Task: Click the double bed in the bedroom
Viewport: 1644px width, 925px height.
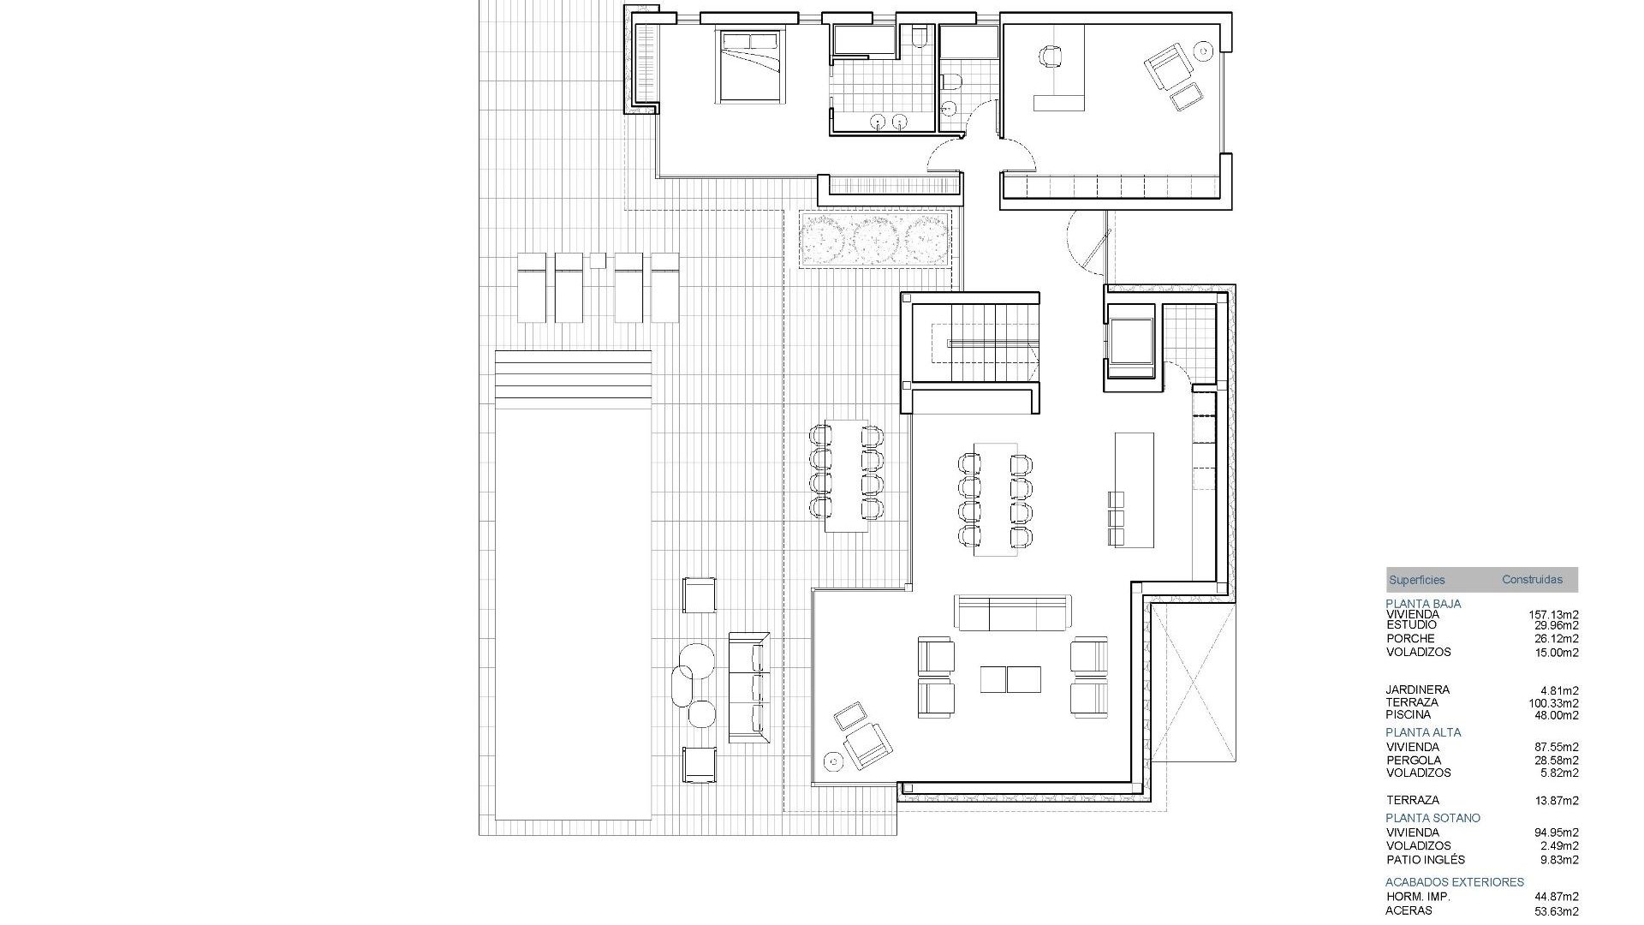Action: (x=751, y=67)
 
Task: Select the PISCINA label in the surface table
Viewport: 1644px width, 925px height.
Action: (x=1409, y=714)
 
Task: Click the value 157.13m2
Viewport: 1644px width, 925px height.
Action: (x=1553, y=614)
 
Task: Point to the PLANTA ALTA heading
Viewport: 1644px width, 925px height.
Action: (x=1423, y=732)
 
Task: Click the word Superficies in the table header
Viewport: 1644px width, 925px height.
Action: (x=1416, y=580)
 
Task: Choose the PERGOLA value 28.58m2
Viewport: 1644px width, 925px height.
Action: (x=1556, y=760)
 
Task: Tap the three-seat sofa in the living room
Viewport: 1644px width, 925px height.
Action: (x=1013, y=612)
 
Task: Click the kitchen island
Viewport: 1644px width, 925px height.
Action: (x=1135, y=490)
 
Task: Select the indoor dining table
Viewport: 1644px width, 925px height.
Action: (x=995, y=499)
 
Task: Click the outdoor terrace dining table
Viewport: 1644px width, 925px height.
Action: (x=846, y=476)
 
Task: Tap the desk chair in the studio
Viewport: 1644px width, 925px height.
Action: (x=1051, y=57)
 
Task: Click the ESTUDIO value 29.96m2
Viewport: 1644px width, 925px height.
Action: (x=1556, y=625)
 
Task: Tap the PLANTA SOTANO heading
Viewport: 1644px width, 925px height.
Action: (x=1433, y=818)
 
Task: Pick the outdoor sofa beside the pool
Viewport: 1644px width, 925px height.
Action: (x=748, y=687)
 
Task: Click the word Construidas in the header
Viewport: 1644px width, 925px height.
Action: (x=1532, y=580)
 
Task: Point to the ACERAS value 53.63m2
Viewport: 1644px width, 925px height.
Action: (x=1556, y=911)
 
